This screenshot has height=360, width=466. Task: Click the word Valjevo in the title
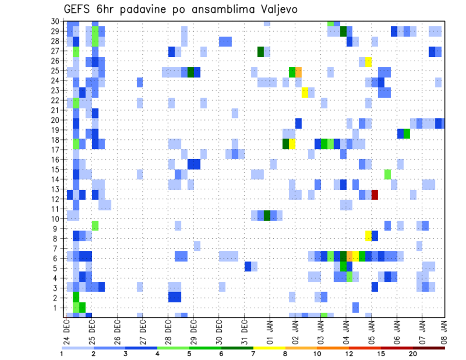tap(277, 9)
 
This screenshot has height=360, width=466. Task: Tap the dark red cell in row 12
tap(375, 195)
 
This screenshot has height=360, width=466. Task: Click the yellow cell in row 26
tap(368, 62)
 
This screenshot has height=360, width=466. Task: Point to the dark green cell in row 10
tap(266, 215)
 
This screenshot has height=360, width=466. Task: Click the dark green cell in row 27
tap(261, 51)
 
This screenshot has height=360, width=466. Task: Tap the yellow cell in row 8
tap(368, 235)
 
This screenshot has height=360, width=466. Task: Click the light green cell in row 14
tap(387, 174)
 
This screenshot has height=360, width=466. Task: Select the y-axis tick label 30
tap(55, 21)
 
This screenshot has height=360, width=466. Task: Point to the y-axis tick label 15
tap(55, 169)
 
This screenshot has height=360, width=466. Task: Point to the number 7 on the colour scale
tap(253, 354)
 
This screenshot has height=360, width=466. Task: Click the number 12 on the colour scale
tap(349, 354)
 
